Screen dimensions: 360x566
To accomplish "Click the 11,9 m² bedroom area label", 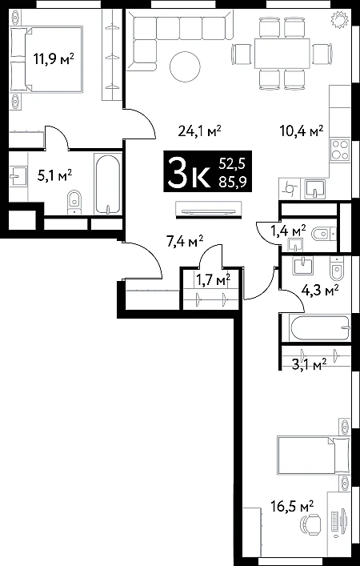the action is (x=54, y=58).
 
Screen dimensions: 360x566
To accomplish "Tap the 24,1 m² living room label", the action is (x=199, y=130).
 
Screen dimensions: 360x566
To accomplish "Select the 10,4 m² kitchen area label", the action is (x=302, y=130).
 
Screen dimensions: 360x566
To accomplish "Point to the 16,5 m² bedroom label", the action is (x=292, y=506).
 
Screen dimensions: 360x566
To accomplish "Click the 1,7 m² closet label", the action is (x=213, y=279).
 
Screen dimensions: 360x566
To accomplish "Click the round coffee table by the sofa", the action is (x=185, y=66).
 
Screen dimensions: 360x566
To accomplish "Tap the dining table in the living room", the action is (x=282, y=54).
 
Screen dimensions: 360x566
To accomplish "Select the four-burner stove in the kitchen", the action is (x=340, y=150).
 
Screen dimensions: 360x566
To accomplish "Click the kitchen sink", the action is (x=314, y=189).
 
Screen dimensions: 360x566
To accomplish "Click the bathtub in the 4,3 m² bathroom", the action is (x=320, y=327).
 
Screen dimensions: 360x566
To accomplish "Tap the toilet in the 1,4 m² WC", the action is (x=323, y=235).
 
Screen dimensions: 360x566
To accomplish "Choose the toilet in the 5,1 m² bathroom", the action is (x=74, y=202).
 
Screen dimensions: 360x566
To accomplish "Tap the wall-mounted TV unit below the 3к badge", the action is (x=206, y=210).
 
